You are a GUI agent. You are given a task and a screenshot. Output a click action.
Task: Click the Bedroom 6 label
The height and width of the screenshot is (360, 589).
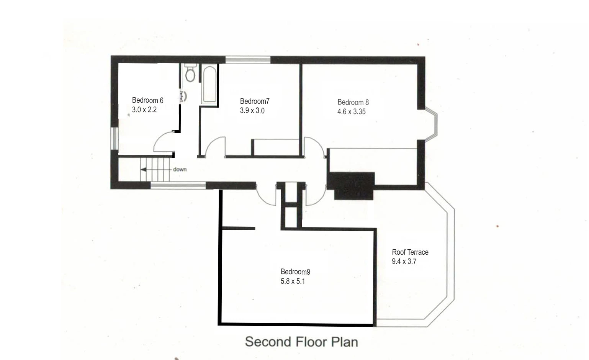[147, 100]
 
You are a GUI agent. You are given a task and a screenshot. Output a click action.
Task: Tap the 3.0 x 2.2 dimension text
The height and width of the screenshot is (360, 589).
[144, 110]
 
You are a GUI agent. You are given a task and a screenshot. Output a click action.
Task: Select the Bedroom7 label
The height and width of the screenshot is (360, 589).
[255, 101]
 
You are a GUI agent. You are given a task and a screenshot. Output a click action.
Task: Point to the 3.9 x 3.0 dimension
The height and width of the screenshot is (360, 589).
[252, 111]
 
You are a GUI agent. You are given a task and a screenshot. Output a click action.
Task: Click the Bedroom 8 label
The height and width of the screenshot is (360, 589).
[353, 102]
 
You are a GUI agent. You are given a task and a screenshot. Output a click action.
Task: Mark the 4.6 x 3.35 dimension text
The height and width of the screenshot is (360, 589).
[351, 112]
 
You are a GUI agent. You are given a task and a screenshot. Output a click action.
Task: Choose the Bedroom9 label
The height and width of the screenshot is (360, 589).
[295, 272]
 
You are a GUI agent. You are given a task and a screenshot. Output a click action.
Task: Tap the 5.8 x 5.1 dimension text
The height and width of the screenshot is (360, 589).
[293, 281]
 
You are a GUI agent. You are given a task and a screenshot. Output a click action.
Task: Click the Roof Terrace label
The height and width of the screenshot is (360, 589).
[410, 252]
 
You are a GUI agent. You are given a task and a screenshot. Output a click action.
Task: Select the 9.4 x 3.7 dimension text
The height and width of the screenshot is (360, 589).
[404, 262]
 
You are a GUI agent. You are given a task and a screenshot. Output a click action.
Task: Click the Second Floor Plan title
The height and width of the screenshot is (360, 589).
[301, 342]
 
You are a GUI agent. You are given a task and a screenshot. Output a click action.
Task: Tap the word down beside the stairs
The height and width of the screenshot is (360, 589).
[180, 169]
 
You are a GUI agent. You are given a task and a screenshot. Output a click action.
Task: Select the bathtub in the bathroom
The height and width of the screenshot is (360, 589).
[209, 84]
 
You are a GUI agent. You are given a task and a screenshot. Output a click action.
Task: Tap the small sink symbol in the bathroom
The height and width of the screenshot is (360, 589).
[183, 96]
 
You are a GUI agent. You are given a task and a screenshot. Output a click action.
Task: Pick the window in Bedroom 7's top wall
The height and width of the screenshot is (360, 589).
[248, 59]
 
